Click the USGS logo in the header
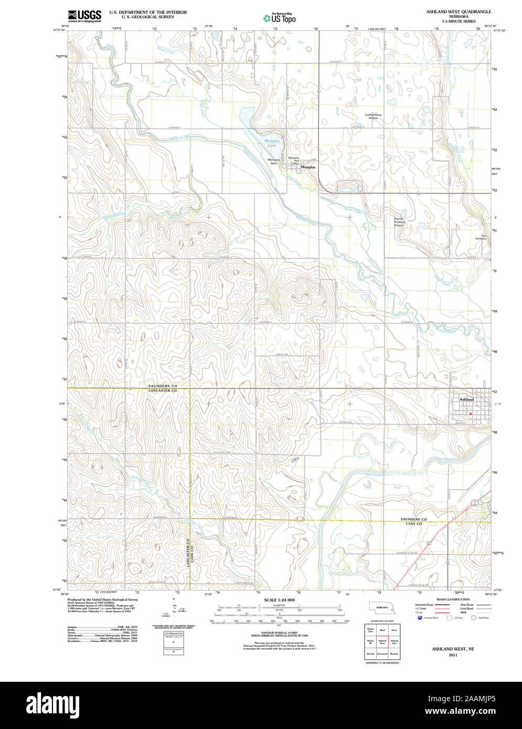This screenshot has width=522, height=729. [x=84, y=16]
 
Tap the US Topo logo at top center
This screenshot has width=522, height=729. [x=280, y=18]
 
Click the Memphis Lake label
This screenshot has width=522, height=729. [x=272, y=143]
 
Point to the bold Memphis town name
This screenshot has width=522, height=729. [x=308, y=167]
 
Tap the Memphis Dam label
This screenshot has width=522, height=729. [x=273, y=162]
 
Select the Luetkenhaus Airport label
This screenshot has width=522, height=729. [x=374, y=116]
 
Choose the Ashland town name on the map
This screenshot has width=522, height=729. [x=466, y=399]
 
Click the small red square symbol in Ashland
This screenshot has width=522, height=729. [x=471, y=413]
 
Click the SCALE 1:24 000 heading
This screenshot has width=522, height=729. [x=279, y=599]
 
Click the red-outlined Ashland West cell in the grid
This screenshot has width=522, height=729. [x=382, y=641]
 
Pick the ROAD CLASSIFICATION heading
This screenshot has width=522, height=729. [x=453, y=599]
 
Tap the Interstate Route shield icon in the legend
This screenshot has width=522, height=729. [x=420, y=618]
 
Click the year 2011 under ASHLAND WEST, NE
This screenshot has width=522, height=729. [x=453, y=655]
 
